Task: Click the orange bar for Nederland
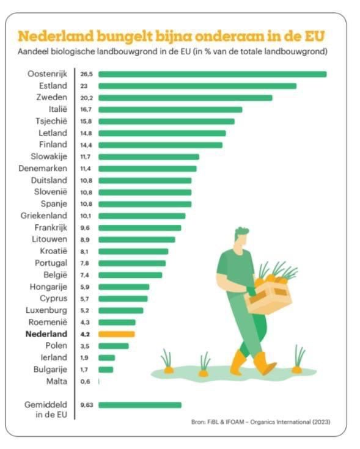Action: click(x=116, y=334)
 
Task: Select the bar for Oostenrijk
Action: click(x=212, y=74)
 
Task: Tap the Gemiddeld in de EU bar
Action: click(x=140, y=404)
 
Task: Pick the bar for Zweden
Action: click(x=185, y=98)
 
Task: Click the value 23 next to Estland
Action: click(x=84, y=86)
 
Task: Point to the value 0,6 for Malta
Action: click(x=85, y=381)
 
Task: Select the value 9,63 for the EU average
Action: click(x=86, y=404)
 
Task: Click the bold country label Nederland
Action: click(x=46, y=334)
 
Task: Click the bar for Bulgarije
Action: click(x=106, y=370)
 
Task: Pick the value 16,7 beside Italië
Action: click(x=86, y=109)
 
